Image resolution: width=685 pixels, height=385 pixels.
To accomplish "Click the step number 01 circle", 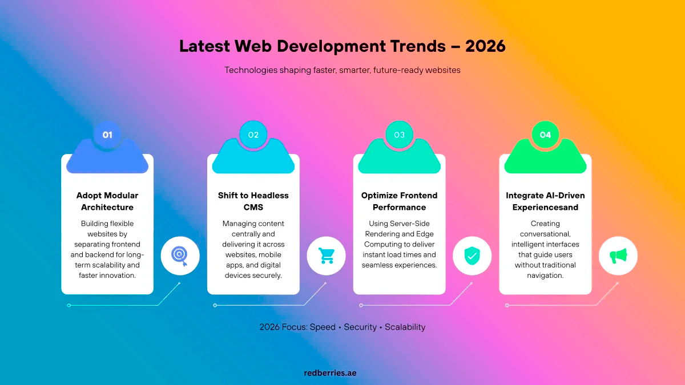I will (107, 135).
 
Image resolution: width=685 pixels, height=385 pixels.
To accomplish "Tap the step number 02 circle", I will (253, 135).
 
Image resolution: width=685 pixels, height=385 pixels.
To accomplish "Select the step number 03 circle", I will (399, 135).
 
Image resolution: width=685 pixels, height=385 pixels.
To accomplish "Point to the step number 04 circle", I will (545, 135).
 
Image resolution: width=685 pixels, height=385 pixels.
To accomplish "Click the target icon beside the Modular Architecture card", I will (180, 257).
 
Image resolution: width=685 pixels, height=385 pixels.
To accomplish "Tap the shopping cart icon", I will (326, 257).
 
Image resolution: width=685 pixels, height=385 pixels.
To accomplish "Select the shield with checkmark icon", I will (472, 257).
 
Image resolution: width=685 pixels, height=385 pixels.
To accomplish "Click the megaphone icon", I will (618, 257).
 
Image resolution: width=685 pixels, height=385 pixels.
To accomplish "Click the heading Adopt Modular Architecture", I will (107, 201).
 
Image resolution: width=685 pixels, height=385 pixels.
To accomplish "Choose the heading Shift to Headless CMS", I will (253, 201).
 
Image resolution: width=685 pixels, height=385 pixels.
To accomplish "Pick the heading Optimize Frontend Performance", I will (399, 201).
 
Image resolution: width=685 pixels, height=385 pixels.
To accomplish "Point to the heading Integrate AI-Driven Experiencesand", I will (545, 201).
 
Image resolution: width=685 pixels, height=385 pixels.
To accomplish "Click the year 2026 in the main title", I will (485, 46).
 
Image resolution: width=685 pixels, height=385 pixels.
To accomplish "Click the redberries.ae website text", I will (331, 372).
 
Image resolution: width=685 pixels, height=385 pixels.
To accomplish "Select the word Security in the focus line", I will (360, 327).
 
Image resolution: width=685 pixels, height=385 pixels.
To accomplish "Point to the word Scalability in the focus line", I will (405, 327).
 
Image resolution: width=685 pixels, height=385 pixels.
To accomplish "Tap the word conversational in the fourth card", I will (545, 234).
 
